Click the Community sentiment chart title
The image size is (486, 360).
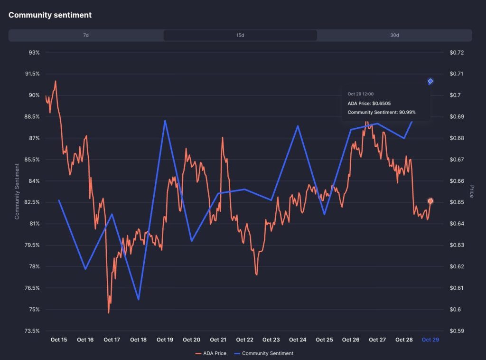50,15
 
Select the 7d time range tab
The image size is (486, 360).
86,36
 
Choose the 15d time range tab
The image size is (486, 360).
240,36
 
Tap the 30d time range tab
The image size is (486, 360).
394,36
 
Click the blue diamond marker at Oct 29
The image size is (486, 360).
430,82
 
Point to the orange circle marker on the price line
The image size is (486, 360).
430,201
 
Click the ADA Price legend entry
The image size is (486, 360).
211,353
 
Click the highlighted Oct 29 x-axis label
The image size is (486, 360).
430,340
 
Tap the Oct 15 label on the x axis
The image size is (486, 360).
59,340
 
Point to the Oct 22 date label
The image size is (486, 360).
244,340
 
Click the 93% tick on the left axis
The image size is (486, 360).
34,52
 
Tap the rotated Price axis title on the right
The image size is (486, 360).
472,191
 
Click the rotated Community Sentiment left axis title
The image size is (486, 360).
17,191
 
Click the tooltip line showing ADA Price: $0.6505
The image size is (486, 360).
369,103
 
